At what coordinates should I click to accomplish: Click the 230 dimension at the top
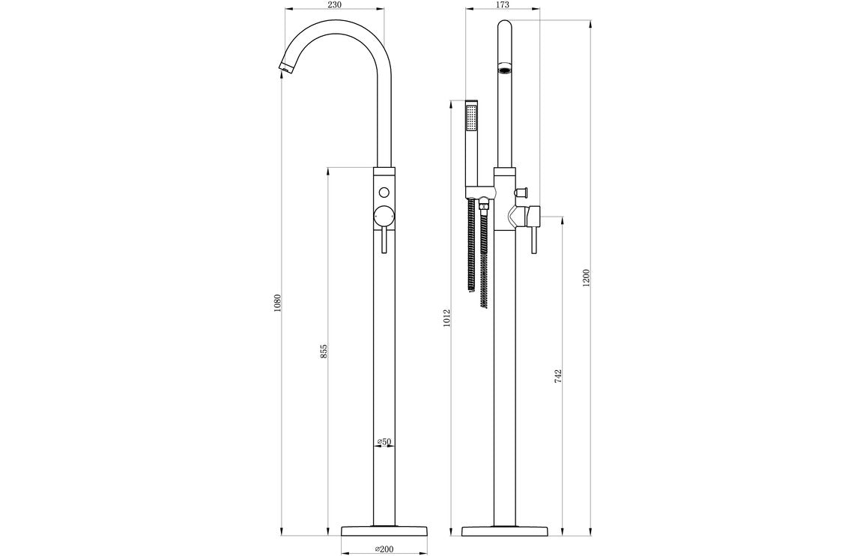(334, 5)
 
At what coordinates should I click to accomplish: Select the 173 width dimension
(503, 5)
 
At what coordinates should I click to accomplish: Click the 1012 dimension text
(446, 318)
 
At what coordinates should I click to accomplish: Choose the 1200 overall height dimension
(586, 277)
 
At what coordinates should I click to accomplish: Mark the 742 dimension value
(559, 375)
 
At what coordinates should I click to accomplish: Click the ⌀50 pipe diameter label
(384, 442)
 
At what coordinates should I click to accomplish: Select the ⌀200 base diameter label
(384, 549)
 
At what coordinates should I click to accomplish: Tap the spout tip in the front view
(285, 68)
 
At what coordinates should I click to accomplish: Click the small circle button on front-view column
(384, 190)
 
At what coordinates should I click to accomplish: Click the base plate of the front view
(384, 531)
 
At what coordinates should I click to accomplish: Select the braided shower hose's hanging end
(485, 300)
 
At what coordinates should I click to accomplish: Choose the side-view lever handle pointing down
(533, 241)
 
